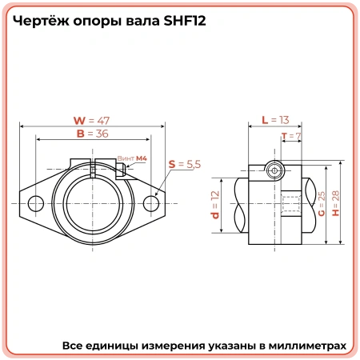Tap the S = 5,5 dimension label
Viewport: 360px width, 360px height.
184,163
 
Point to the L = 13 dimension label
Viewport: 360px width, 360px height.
274,120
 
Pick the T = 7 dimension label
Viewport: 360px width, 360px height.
291,137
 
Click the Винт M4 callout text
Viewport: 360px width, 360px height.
132,159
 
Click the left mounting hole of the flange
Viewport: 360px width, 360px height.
33,204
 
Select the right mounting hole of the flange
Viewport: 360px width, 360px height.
151,204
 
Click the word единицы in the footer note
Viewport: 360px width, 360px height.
116,346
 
